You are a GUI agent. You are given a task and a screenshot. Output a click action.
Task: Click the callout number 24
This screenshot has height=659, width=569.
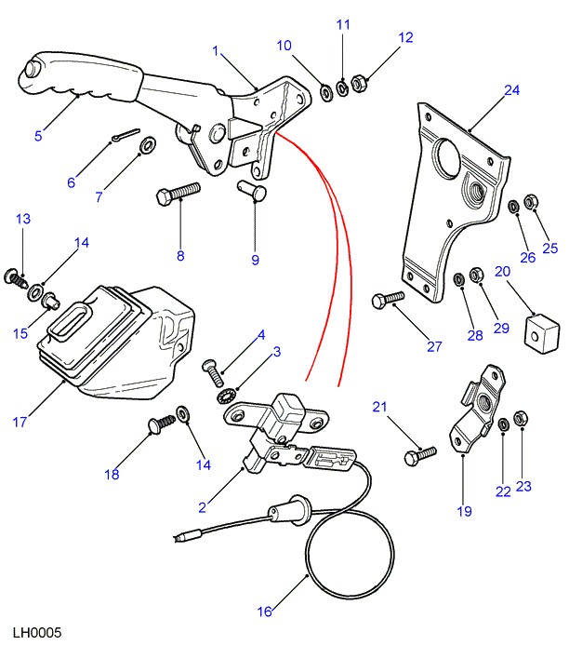pos(511,90)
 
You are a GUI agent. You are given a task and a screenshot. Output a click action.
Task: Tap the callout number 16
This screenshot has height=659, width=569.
pos(265,612)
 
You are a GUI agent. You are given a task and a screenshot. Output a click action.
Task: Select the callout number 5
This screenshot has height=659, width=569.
pos(38,136)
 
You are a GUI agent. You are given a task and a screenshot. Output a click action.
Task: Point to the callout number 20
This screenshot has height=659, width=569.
pos(502,272)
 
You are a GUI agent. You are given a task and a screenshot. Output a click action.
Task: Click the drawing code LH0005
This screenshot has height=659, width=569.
pos(37,633)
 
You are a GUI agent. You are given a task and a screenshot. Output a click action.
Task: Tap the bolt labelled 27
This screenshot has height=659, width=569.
pos(388,300)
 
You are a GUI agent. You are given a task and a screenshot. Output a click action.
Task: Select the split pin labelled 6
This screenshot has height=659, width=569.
pos(121,135)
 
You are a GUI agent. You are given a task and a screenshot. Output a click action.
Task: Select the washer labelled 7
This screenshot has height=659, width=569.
pos(147,147)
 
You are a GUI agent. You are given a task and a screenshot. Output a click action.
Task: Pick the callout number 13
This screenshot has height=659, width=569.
pos(23,220)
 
